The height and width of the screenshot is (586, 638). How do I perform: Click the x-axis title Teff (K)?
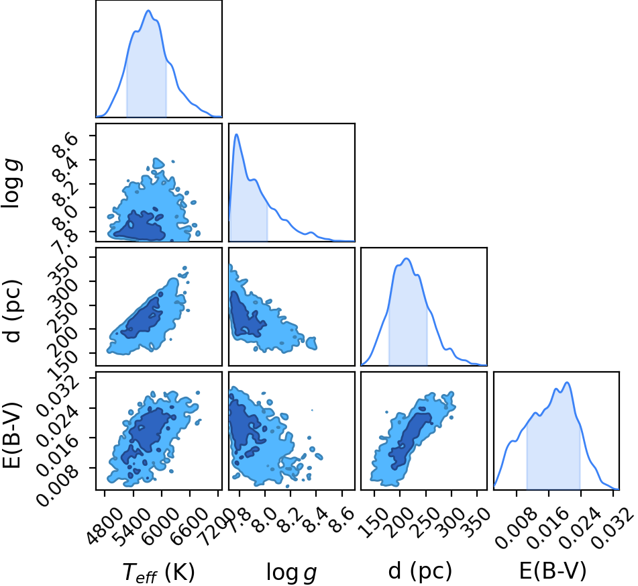point(159,572)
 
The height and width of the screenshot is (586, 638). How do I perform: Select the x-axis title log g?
point(291,572)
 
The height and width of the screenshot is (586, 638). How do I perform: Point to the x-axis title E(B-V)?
point(553,571)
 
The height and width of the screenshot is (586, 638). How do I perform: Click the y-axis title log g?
point(11,184)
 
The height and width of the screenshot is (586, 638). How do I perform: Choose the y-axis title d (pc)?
point(12,311)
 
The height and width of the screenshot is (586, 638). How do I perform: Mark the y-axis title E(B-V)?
point(11,434)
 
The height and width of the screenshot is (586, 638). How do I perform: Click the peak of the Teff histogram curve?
point(148,11)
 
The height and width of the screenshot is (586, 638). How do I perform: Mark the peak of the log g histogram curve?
point(236,134)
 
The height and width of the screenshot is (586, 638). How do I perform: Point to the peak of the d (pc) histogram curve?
point(406,258)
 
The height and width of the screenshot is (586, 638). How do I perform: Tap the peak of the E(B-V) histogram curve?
point(567,383)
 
